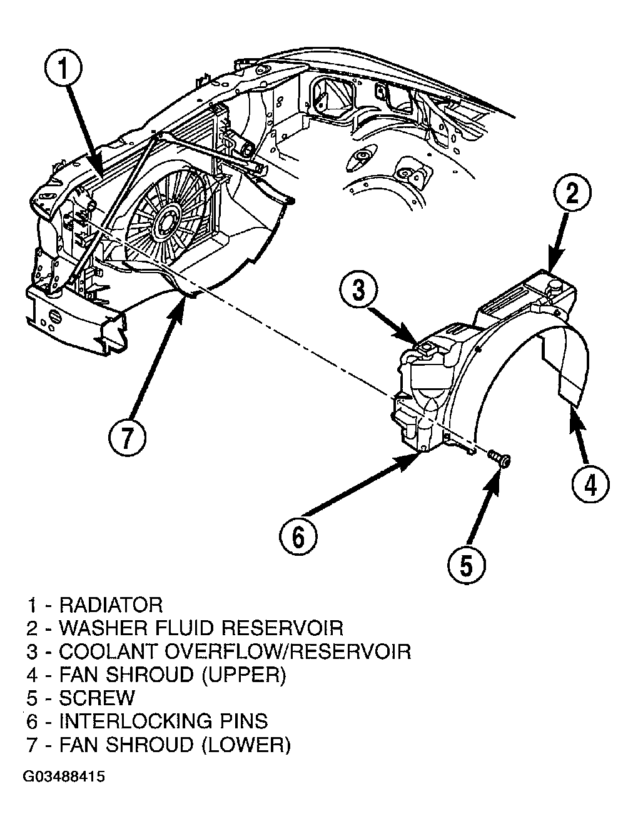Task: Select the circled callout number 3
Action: coord(358,291)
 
